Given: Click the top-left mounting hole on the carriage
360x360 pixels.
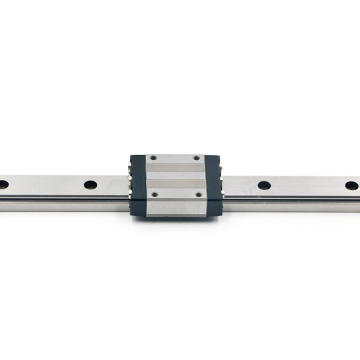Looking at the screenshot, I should pyautogui.click(x=153, y=158).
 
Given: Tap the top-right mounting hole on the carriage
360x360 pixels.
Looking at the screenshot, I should pyautogui.click(x=197, y=158).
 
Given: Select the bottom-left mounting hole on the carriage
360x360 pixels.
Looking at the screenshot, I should pyautogui.click(x=153, y=194).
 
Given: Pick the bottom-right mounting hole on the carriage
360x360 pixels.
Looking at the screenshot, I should pyautogui.click(x=197, y=194).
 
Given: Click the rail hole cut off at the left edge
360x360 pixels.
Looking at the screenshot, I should pyautogui.click(x=3, y=184).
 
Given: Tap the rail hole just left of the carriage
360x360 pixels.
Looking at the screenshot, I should pyautogui.click(x=90, y=185).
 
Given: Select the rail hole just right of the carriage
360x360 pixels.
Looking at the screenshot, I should pyautogui.click(x=264, y=185).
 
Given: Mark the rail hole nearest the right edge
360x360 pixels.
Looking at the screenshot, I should pyautogui.click(x=351, y=185).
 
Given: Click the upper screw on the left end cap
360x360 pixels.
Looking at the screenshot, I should pyautogui.click(x=128, y=168).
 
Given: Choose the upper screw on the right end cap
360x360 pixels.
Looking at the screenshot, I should pyautogui.click(x=224, y=168).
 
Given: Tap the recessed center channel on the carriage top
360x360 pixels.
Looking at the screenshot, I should pyautogui.click(x=175, y=176).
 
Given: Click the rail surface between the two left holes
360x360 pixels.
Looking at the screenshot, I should pyautogui.click(x=47, y=184).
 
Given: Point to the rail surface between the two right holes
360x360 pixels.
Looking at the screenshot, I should pyautogui.click(x=308, y=185).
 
